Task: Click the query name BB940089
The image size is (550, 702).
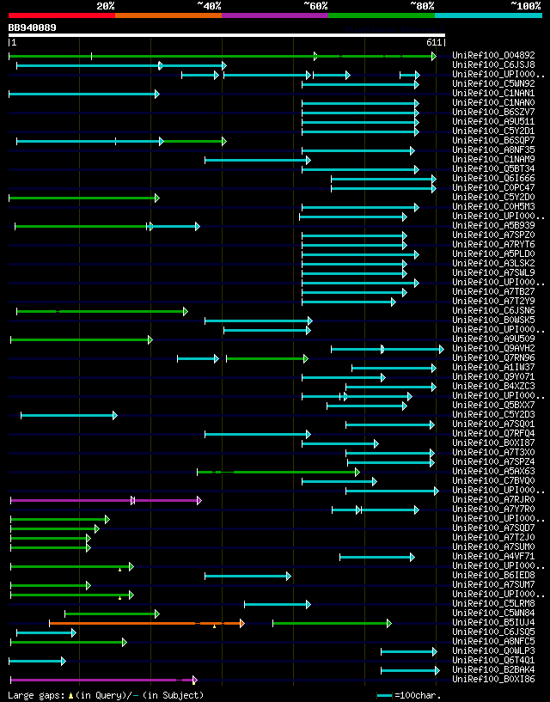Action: (33, 27)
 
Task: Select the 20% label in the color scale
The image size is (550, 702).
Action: (106, 5)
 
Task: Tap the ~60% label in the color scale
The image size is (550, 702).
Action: (315, 5)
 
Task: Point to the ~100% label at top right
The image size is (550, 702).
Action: (525, 5)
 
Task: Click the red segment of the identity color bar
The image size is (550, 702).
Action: (61, 15)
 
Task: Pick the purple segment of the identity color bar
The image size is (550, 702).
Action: (274, 15)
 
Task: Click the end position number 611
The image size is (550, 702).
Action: (434, 41)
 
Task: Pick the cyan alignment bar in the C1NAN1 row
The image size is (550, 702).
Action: (82, 94)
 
